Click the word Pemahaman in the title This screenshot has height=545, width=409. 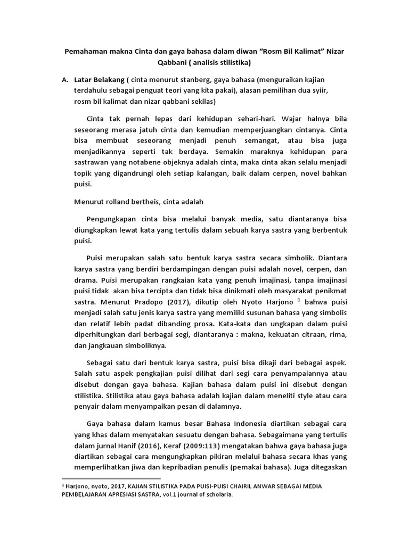[87, 52]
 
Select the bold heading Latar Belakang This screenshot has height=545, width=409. [99, 80]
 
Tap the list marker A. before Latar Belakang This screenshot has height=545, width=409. [65, 80]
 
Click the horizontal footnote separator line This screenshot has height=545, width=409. [111, 479]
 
